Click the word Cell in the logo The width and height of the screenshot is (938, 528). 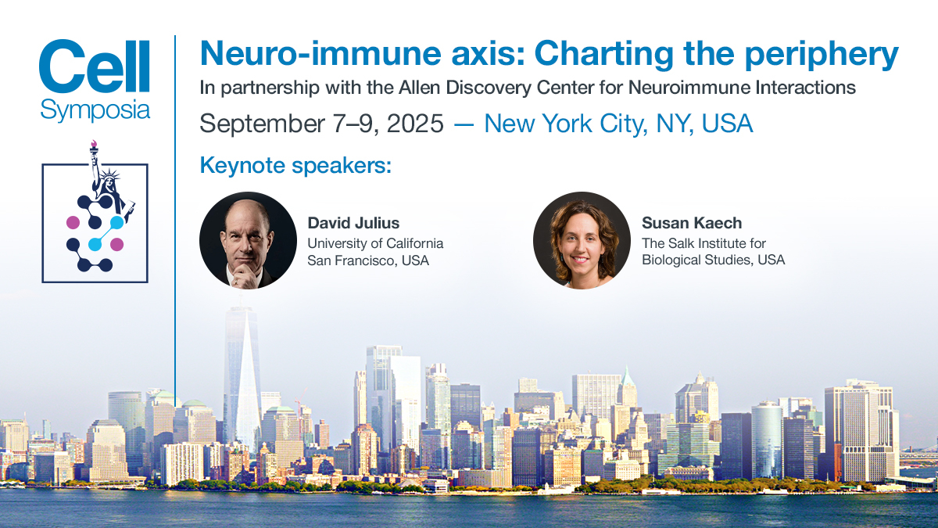click(x=95, y=66)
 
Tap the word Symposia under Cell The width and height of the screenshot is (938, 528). click(x=95, y=110)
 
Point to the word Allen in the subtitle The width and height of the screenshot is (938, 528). click(x=419, y=88)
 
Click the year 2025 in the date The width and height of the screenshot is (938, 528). click(x=415, y=124)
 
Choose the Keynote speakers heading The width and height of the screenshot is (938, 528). click(x=295, y=165)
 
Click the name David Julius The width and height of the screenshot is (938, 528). click(x=353, y=223)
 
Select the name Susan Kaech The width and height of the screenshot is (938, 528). click(x=692, y=223)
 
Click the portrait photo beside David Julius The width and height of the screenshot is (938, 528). click(x=248, y=241)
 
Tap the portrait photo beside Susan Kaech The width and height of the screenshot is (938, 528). click(x=582, y=241)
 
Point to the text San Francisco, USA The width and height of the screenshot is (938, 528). click(x=368, y=260)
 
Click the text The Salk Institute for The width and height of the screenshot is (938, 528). click(x=703, y=243)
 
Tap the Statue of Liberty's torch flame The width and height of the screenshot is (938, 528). click(x=93, y=144)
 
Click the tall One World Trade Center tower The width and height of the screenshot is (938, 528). click(x=242, y=377)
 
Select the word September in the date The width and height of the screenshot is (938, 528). click(x=262, y=124)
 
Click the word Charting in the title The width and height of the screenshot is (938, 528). click(x=603, y=55)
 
